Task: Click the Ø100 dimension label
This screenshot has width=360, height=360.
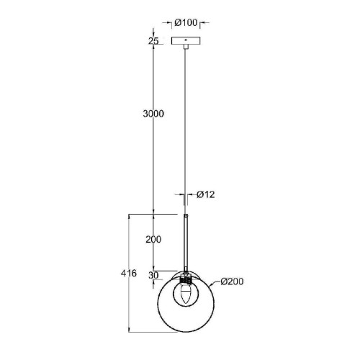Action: click(x=186, y=22)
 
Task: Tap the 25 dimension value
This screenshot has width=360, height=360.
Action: click(x=153, y=40)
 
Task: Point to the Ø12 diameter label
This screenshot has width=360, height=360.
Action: click(x=207, y=195)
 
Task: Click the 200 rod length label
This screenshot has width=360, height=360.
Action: click(x=153, y=240)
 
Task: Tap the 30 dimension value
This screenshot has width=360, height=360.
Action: click(x=153, y=275)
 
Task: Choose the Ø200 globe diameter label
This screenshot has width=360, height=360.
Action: click(x=233, y=282)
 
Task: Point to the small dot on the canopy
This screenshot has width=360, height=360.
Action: click(x=186, y=40)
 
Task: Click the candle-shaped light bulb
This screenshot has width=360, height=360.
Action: click(x=186, y=293)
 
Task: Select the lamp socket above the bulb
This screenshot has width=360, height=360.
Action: click(x=186, y=277)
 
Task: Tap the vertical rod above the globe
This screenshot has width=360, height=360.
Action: click(x=186, y=241)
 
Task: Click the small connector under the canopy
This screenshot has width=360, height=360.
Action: click(x=186, y=49)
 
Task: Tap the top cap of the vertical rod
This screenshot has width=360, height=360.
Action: click(x=186, y=215)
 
